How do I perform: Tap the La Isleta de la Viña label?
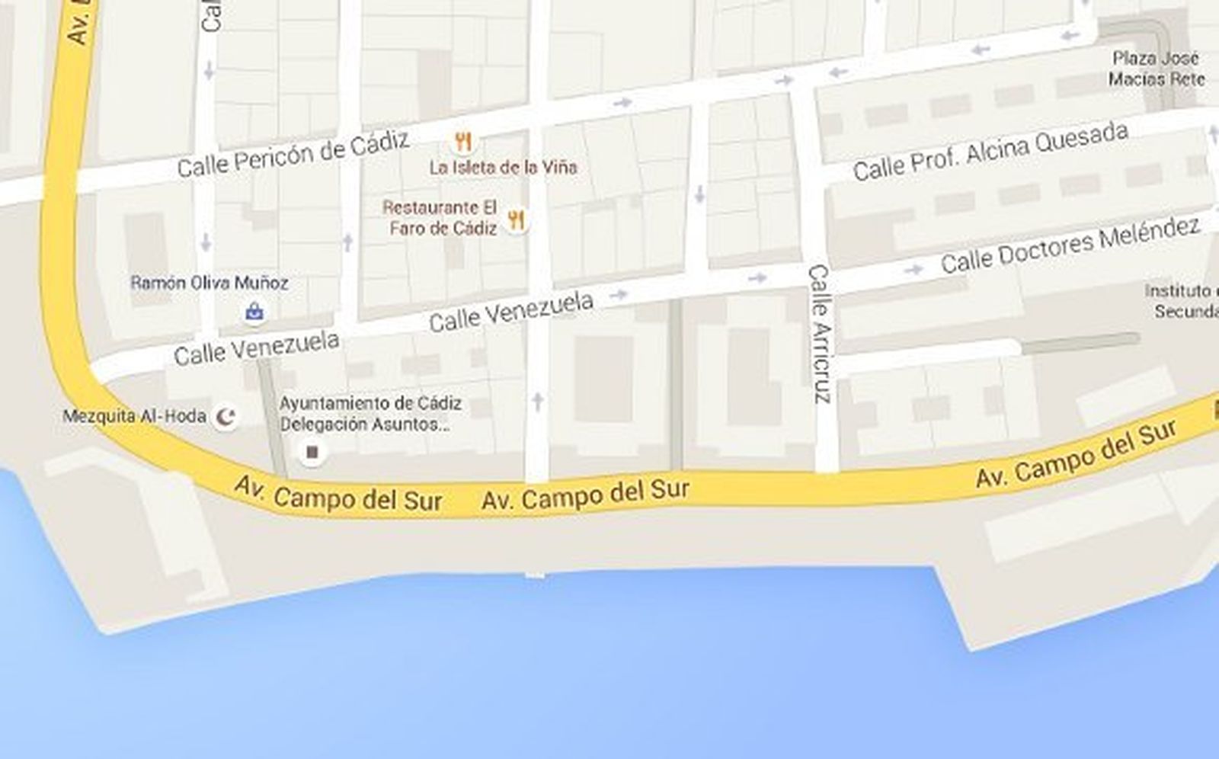coord(503,167)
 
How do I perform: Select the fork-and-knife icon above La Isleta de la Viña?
coord(462,141)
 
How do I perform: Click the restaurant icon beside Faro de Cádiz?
coord(517,221)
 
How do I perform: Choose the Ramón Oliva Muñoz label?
coord(209,283)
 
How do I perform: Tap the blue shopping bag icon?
coord(254,311)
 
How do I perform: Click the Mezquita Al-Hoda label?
coord(134,416)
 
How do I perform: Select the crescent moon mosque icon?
coord(226,416)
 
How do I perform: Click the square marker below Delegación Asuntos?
coord(311,453)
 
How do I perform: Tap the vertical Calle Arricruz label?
coord(820,333)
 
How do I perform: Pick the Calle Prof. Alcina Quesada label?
coord(990,152)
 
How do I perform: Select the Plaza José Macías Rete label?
coord(1156,69)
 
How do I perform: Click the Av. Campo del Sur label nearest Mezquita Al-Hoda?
coord(338,495)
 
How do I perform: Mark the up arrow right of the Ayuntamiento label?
coord(538,400)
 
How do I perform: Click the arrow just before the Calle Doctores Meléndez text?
coord(913,269)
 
